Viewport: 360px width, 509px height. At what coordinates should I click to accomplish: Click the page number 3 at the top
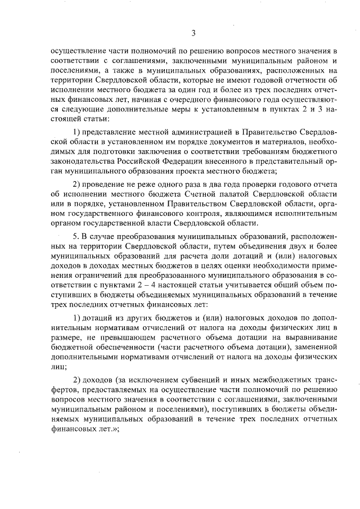point(193,33)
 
